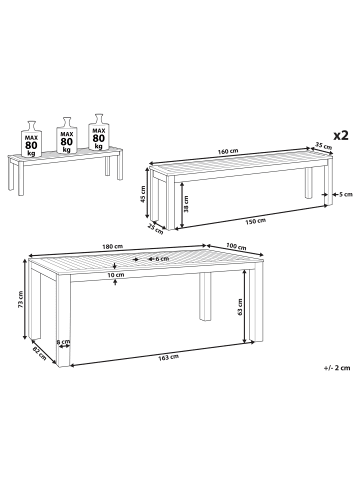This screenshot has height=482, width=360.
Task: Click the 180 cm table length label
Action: [x=113, y=247]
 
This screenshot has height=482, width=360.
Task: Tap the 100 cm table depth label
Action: [x=236, y=246]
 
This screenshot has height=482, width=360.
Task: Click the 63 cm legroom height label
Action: [x=240, y=307]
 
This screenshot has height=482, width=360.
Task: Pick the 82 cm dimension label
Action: [x=39, y=353]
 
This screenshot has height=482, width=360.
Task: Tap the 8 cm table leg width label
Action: [x=63, y=342]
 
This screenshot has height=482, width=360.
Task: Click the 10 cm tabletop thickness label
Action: [x=116, y=275]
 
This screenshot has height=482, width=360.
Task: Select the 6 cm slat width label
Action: [x=163, y=259]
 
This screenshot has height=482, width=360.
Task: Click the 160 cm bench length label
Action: [x=228, y=151]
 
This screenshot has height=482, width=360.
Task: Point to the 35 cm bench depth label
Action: [x=324, y=145]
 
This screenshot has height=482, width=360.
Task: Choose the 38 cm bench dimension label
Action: [x=186, y=204]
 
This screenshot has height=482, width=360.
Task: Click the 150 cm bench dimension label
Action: [x=256, y=221]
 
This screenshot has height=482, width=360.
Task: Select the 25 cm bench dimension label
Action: [x=156, y=229]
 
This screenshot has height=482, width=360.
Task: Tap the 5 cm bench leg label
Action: [x=345, y=194]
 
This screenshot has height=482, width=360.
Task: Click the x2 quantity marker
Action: [x=341, y=135]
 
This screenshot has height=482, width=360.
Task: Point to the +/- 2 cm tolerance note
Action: [x=337, y=368]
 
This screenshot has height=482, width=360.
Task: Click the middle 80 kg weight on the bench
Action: [x=67, y=135]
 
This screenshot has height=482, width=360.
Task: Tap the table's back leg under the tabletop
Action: [x=205, y=297]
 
